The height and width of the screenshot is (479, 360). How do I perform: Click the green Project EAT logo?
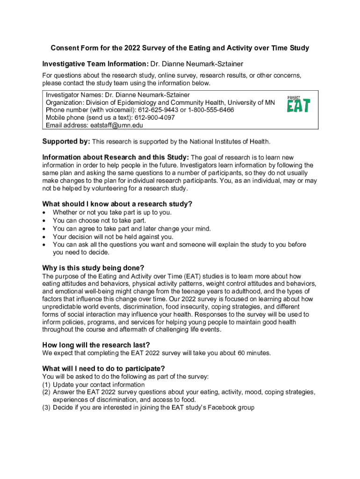point(298,104)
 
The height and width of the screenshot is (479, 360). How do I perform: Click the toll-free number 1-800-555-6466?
point(211,110)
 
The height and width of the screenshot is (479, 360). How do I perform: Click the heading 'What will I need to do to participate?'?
point(103,368)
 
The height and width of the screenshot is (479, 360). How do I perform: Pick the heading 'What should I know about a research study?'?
point(117,204)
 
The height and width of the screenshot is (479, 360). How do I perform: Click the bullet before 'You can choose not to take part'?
point(44,220)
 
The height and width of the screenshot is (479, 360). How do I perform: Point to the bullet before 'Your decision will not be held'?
point(44,237)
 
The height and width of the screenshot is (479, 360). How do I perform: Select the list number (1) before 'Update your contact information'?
point(46,385)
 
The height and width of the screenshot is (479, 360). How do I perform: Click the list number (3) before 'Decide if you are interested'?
point(46,407)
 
